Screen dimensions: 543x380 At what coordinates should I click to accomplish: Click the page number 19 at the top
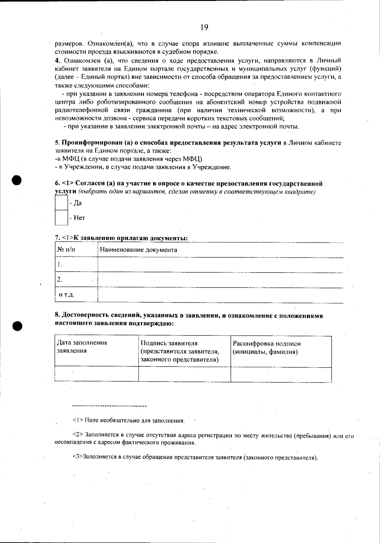[204, 27]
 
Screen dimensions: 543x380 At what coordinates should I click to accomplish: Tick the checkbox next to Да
[61, 203]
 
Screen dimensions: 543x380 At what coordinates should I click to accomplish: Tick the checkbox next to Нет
[61, 218]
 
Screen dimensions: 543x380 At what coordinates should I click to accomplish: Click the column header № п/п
[66, 250]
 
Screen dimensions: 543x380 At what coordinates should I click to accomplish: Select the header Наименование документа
[138, 250]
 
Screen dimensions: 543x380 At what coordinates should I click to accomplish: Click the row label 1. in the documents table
[60, 265]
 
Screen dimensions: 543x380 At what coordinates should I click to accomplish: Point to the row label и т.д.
[66, 295]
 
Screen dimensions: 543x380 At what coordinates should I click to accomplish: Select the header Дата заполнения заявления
[82, 347]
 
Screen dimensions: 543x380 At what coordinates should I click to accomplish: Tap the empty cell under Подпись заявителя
[184, 375]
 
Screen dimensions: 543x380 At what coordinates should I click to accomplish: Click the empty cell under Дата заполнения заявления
[96, 375]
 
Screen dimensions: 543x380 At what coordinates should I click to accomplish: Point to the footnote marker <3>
[78, 458]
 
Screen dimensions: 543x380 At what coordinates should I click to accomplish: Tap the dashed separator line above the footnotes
[109, 406]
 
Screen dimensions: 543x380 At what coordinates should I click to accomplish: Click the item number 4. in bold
[57, 60]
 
